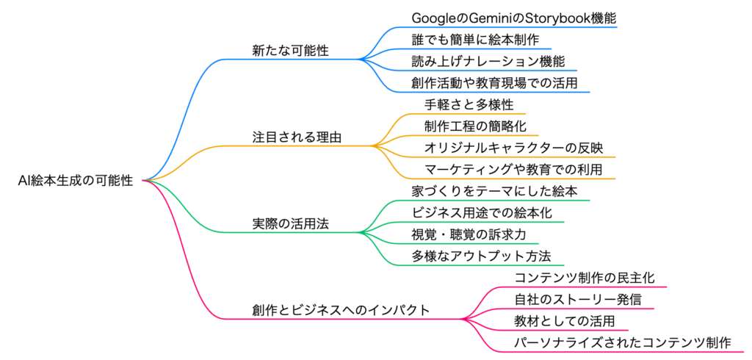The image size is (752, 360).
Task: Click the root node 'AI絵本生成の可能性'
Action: click(x=75, y=181)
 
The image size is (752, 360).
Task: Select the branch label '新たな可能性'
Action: click(x=291, y=51)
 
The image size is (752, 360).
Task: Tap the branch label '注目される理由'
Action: click(x=297, y=137)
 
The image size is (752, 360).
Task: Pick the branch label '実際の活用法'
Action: click(x=291, y=224)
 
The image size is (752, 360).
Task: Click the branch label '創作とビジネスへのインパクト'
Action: click(x=341, y=310)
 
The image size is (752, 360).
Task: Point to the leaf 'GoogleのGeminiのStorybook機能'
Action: click(x=513, y=18)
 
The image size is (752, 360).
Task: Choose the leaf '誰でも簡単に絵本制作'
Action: click(x=475, y=40)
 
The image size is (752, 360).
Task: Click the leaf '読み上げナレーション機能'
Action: click(x=488, y=62)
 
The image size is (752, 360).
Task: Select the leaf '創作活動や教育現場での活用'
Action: click(x=494, y=83)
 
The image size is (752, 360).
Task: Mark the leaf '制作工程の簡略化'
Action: click(x=475, y=126)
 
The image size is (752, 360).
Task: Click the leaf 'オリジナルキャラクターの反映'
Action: click(x=513, y=148)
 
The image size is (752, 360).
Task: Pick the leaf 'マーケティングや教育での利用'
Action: click(x=513, y=170)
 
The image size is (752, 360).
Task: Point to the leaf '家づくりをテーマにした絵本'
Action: click(x=494, y=192)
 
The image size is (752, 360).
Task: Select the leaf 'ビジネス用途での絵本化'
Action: click(x=482, y=213)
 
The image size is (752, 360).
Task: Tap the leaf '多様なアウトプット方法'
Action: click(x=482, y=257)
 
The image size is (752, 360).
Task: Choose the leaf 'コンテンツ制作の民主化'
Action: click(x=584, y=278)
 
